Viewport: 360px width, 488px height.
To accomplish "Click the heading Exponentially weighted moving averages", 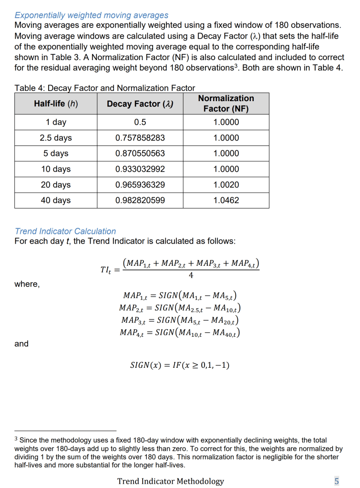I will click(91, 16).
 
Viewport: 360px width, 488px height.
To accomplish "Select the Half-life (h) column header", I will click(56, 104).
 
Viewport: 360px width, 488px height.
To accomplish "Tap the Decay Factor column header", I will click(140, 104).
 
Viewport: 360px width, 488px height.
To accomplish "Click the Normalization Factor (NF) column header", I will click(226, 104).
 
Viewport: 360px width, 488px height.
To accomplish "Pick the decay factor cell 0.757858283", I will click(140, 138).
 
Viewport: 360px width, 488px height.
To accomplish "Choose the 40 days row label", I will click(56, 200).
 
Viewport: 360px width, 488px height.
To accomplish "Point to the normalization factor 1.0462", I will click(226, 200).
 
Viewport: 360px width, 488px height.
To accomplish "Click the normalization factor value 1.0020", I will click(226, 185).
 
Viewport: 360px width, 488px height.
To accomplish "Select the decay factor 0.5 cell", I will click(140, 122).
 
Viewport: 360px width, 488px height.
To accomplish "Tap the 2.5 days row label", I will click(56, 138).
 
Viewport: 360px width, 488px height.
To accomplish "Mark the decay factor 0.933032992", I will click(140, 169).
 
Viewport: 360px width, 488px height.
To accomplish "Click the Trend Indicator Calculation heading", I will click(65, 231).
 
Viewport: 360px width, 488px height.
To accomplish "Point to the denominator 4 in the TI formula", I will click(191, 276).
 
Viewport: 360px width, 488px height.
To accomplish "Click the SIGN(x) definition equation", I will click(180, 365).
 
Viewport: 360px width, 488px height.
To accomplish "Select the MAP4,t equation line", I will click(180, 332).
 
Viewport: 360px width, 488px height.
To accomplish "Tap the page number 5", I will click(337, 481).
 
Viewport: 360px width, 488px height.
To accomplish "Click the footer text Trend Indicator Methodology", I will click(170, 481).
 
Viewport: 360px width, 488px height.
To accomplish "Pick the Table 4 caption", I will click(105, 88).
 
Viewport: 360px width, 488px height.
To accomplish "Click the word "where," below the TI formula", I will click(27, 284).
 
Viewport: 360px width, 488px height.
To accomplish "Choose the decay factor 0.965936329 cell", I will click(140, 185).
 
